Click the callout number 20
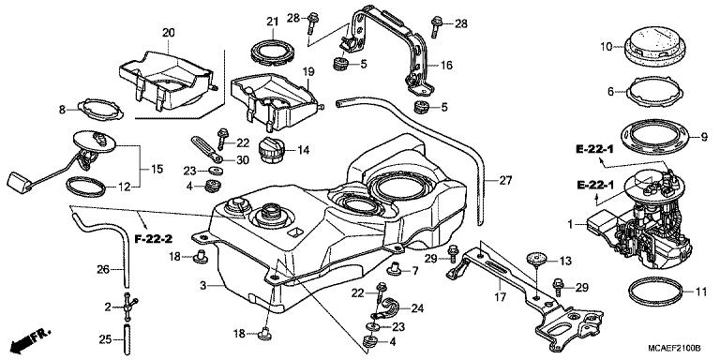point(169,33)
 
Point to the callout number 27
point(505,181)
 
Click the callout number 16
point(446,66)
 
